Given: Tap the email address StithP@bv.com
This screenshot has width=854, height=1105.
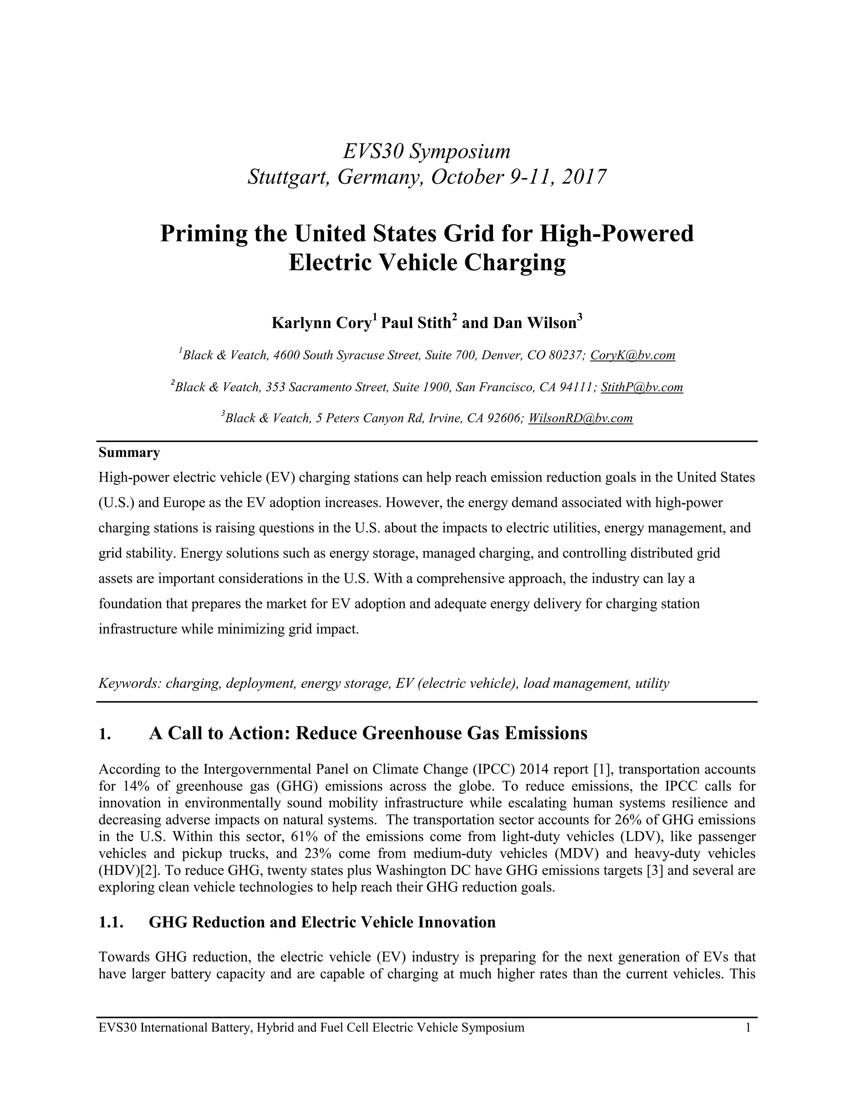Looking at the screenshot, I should [x=641, y=387].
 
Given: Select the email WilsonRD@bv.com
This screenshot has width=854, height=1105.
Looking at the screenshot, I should [x=580, y=418].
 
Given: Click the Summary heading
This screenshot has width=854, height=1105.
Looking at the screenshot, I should [x=129, y=452].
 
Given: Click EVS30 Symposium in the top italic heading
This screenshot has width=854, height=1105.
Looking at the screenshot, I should [x=427, y=151].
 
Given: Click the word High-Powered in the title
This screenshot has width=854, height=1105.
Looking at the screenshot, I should [x=617, y=233].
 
